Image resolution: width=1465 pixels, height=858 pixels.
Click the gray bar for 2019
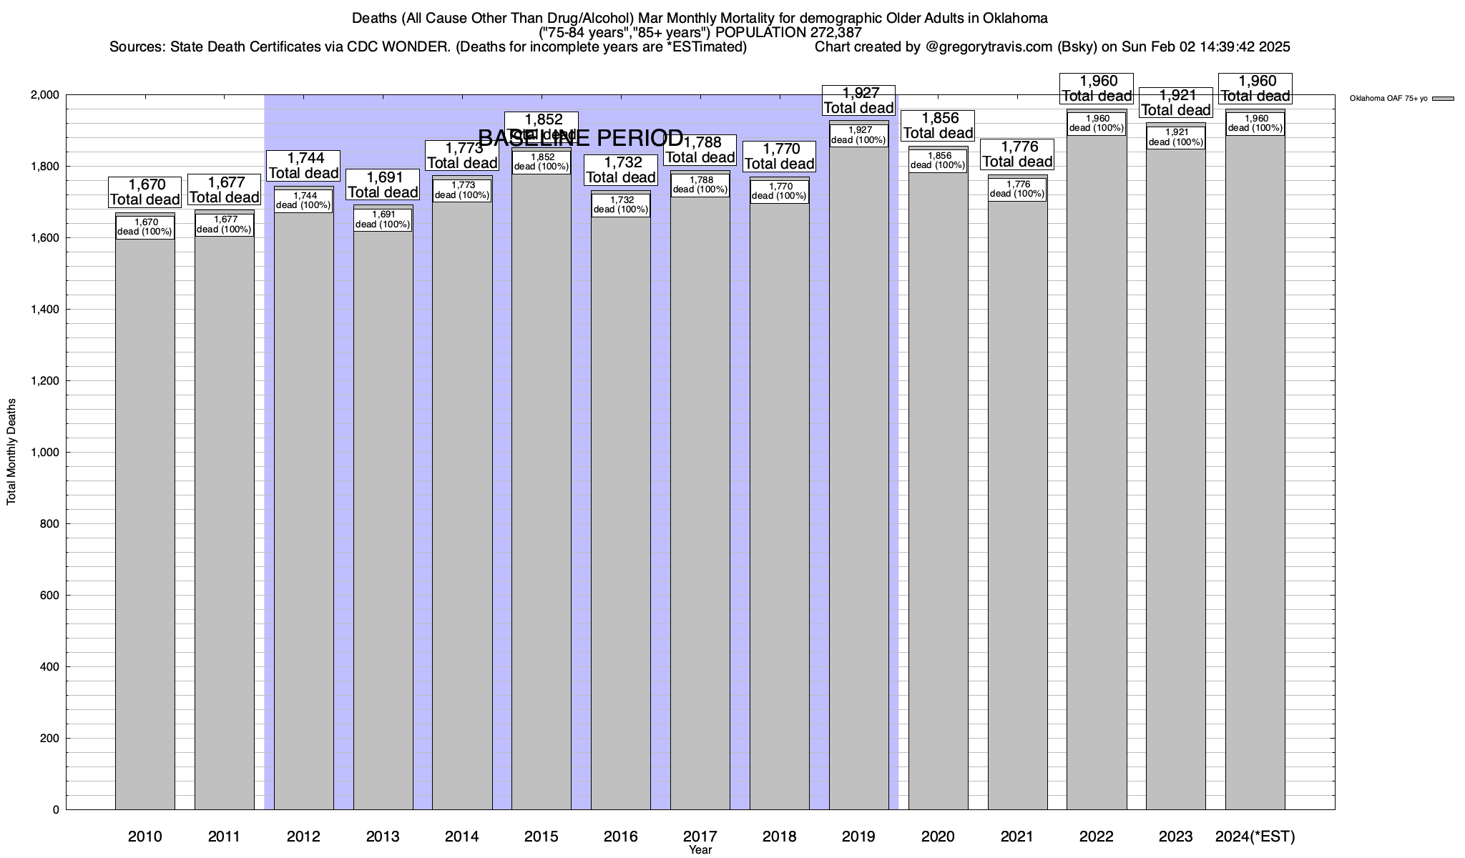point(858,486)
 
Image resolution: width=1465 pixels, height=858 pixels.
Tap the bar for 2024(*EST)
point(1255,486)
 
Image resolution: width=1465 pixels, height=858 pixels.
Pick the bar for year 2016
point(620,515)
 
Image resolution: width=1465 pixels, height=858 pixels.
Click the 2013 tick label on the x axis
point(383,837)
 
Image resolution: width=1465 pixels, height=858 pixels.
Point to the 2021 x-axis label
point(1016,837)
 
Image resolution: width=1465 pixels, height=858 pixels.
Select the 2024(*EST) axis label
point(1255,837)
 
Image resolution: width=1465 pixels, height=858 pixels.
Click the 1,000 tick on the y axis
point(44,453)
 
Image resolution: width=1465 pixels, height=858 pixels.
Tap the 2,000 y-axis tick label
point(44,95)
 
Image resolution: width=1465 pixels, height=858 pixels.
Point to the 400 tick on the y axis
point(50,667)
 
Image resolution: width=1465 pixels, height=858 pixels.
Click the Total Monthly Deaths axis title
point(11,452)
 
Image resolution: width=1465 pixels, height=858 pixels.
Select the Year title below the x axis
point(700,850)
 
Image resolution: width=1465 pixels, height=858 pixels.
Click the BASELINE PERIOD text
point(580,137)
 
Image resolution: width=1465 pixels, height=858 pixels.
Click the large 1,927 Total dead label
point(858,100)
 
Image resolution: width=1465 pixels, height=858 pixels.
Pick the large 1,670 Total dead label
point(144,192)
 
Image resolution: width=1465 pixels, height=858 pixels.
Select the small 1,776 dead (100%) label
point(1016,189)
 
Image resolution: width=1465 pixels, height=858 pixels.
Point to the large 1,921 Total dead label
point(1175,103)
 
